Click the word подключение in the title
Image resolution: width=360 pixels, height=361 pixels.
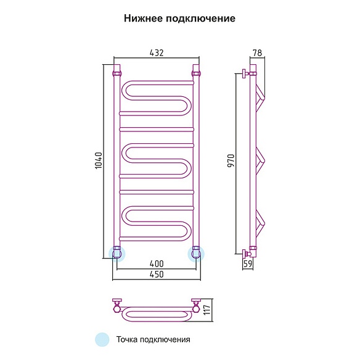pyautogui.click(x=200, y=19)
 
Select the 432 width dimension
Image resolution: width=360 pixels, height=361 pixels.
pyautogui.click(x=157, y=52)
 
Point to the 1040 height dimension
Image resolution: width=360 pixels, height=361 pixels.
pyautogui.click(x=99, y=160)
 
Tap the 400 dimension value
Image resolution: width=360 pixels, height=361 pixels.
pyautogui.click(x=157, y=263)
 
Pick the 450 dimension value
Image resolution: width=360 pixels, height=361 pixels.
pyautogui.click(x=157, y=274)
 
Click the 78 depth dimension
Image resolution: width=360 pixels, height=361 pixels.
pyautogui.click(x=258, y=52)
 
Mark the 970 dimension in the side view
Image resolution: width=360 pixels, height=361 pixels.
pyautogui.click(x=231, y=160)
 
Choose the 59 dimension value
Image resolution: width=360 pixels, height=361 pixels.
pyautogui.click(x=248, y=263)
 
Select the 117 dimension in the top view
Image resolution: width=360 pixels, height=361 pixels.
pyautogui.click(x=207, y=310)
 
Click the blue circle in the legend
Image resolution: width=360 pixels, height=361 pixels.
pyautogui.click(x=102, y=339)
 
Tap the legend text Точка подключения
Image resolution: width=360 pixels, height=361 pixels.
pyautogui.click(x=153, y=339)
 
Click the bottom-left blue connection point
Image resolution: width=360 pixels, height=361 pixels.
pyautogui.click(x=117, y=254)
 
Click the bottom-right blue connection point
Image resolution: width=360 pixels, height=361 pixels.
pyautogui.click(x=196, y=254)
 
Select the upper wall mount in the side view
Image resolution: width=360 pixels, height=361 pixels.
pyautogui.click(x=245, y=74)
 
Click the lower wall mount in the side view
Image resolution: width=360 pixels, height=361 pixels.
pyautogui.click(x=246, y=254)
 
